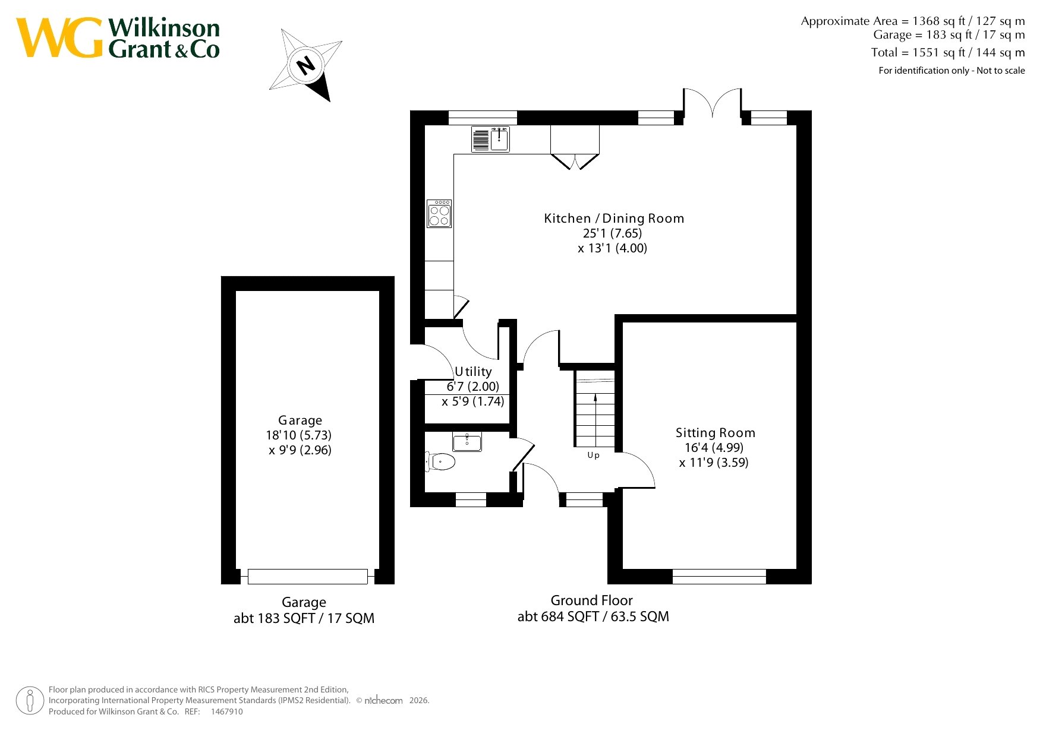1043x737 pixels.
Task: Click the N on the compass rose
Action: (306, 65)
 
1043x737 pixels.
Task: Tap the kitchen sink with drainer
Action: (490, 139)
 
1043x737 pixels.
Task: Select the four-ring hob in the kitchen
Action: (439, 214)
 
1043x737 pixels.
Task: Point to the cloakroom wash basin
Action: (467, 442)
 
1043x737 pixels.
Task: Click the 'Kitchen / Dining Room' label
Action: (614, 219)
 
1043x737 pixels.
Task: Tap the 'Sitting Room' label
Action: (715, 433)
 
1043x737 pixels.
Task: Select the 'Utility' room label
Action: (473, 372)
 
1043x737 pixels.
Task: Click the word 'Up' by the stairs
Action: (593, 456)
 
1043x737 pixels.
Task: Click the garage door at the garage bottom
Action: (308, 576)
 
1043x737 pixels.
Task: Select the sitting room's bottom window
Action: (719, 576)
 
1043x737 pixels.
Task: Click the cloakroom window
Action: (471, 499)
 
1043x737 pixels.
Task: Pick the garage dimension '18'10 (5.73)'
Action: (299, 435)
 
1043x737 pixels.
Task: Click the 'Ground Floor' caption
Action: (591, 600)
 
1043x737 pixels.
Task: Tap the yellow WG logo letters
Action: (59, 37)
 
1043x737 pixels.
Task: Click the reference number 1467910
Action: (226, 711)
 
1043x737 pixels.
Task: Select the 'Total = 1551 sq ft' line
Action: (948, 52)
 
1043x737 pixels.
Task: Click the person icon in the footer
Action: (30, 701)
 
